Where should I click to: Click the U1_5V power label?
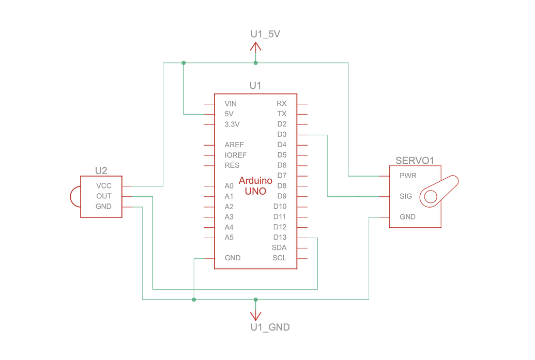point(265,34)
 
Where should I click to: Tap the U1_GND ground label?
point(270,327)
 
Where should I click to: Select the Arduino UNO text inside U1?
point(255,186)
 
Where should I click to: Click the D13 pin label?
point(280,237)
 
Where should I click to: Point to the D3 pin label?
point(282,134)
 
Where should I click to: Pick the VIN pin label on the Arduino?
point(231,104)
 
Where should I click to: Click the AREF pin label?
point(234,145)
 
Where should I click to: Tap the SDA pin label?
point(279,247)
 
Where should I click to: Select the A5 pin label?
point(229,237)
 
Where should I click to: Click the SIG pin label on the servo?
point(406,196)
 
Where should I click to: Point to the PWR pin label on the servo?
point(408,176)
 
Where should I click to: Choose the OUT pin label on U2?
point(104,196)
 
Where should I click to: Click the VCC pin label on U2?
point(104,186)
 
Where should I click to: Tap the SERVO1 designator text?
point(415,161)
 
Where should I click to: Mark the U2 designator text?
point(101,171)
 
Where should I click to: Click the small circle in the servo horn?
point(431,196)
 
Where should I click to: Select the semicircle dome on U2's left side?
point(71,196)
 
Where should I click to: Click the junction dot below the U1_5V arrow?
point(255,62)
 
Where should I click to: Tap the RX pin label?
point(282,103)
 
